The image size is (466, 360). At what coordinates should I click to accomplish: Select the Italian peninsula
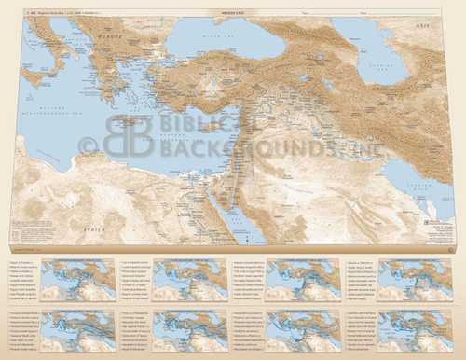[65, 70]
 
